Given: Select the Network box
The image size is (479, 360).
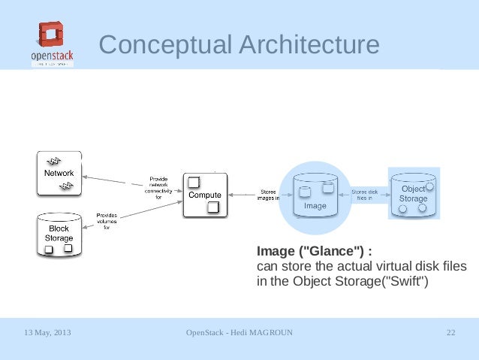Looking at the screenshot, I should tap(59, 173).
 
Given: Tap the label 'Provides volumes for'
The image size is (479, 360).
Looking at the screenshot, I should tap(106, 222).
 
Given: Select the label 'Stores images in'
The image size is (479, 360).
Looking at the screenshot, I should tap(268, 195).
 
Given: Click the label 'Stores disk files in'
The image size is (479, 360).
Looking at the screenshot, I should tap(366, 195).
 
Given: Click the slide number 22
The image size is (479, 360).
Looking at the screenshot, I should tap(450, 332).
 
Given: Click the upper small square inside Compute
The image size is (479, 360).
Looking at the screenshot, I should tap(193, 181).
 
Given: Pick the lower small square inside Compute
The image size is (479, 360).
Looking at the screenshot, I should tap(213, 207).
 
